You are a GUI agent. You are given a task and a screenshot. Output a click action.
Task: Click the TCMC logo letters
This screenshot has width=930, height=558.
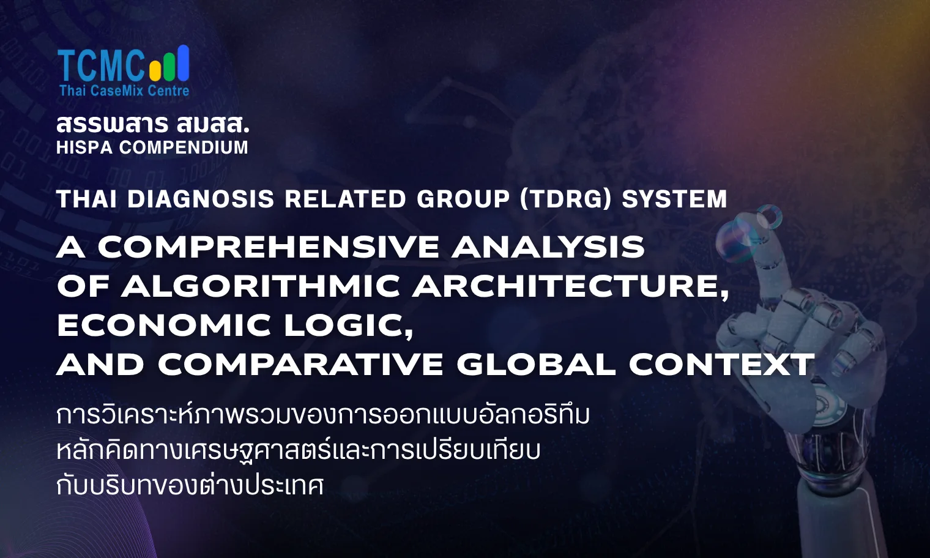(x=101, y=65)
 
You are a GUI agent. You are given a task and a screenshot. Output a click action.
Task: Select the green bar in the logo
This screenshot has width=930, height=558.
(x=168, y=65)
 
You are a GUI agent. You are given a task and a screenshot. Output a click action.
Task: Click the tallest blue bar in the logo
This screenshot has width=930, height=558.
(x=182, y=62)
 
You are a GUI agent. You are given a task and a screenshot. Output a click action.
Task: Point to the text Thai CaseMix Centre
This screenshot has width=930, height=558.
(x=124, y=91)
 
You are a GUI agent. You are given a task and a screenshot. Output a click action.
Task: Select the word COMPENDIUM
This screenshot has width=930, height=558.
(x=184, y=147)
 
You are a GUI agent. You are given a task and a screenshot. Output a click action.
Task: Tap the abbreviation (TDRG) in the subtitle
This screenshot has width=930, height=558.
(x=566, y=199)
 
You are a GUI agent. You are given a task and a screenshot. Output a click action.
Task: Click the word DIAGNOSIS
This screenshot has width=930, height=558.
(x=201, y=199)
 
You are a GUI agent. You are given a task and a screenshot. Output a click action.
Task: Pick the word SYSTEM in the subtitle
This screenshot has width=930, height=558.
(x=674, y=199)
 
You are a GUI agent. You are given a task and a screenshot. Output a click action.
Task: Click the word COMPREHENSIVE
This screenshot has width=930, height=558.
(x=268, y=247)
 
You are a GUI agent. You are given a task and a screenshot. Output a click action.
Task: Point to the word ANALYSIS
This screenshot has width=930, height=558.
(x=548, y=247)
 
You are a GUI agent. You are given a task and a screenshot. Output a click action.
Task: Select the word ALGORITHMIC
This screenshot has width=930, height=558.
(x=261, y=286)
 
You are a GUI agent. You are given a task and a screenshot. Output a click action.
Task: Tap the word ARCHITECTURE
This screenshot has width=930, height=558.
(x=570, y=286)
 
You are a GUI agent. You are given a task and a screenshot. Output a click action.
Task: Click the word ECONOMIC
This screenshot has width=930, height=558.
(x=164, y=325)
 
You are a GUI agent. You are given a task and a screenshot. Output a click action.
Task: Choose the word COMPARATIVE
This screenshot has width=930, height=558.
(x=300, y=365)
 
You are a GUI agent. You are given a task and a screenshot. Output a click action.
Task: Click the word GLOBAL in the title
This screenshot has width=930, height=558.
(x=536, y=365)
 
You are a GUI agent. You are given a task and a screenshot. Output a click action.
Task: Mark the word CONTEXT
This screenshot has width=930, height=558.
(x=722, y=365)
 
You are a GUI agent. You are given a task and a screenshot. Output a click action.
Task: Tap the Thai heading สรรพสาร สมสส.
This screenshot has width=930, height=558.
(x=153, y=124)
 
